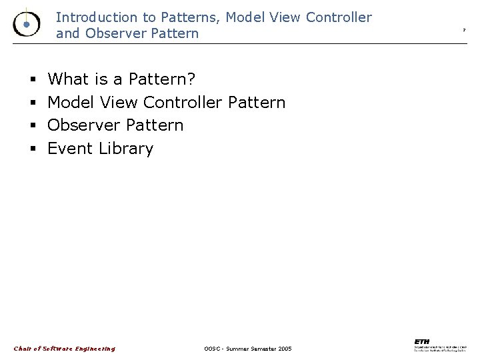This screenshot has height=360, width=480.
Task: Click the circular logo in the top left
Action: click(25, 24)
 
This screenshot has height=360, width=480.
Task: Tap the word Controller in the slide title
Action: click(338, 18)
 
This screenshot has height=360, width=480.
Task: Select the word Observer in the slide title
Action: click(109, 33)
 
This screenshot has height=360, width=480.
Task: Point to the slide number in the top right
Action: click(464, 31)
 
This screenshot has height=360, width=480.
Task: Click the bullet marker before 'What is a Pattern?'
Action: click(32, 80)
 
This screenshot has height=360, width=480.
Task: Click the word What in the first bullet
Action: click(69, 79)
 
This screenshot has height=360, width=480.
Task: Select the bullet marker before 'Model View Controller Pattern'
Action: click(32, 103)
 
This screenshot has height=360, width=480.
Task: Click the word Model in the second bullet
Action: click(71, 103)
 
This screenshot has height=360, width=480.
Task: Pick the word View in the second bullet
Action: click(118, 103)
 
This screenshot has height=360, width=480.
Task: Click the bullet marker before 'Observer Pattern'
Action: click(32, 126)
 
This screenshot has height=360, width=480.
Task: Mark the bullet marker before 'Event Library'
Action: click(32, 149)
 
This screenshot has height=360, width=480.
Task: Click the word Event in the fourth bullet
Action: click(70, 148)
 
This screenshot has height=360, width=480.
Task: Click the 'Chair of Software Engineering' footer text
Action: click(65, 349)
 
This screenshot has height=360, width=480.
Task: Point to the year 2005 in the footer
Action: click(285, 349)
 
